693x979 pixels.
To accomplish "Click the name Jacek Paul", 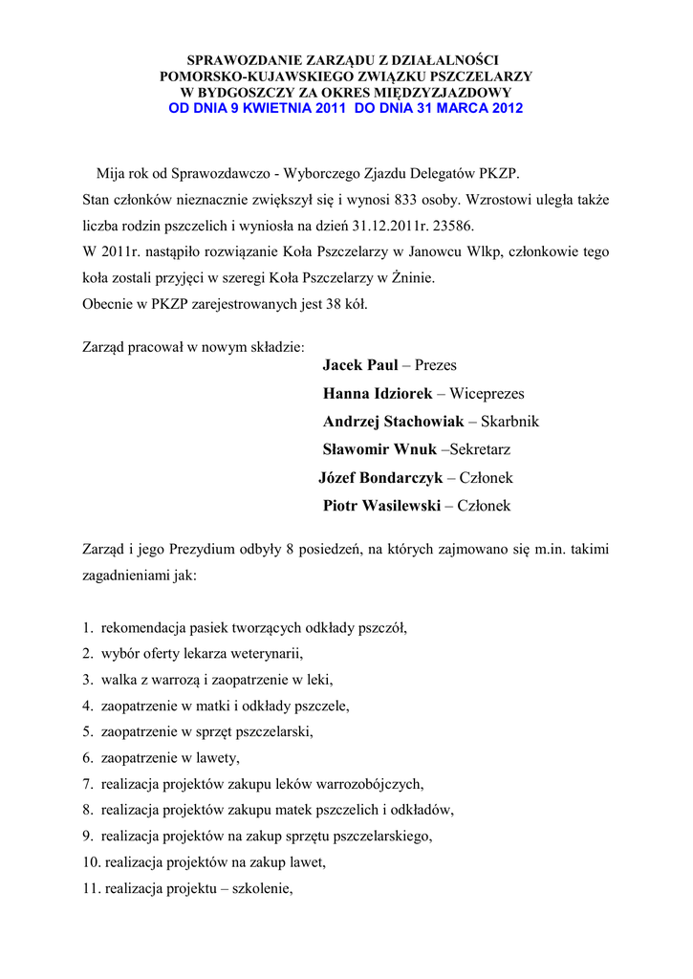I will [x=360, y=365].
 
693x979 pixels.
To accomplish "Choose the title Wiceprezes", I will [x=487, y=394].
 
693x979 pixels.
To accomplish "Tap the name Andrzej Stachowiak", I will [x=393, y=422].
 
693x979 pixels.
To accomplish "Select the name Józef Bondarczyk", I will [x=379, y=477].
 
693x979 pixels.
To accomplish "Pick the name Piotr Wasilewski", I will [x=382, y=505].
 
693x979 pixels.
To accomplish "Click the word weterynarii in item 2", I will [x=267, y=655].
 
